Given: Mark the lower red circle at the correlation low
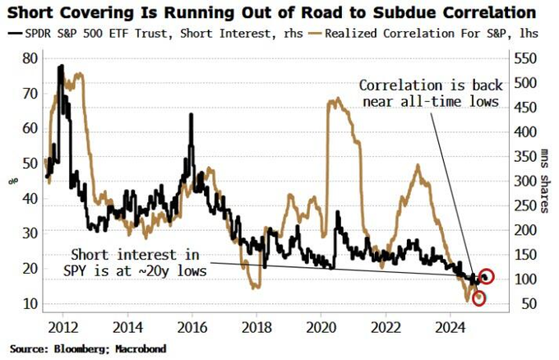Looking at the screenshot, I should coord(478,298).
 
